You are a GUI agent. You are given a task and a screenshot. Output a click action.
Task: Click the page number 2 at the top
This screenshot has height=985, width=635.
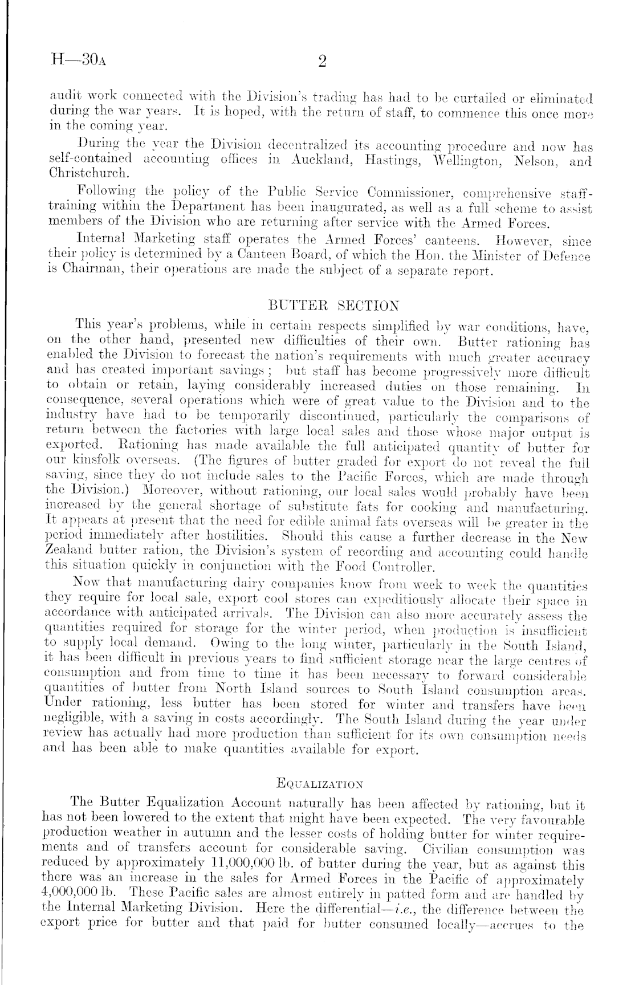coord(321,63)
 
